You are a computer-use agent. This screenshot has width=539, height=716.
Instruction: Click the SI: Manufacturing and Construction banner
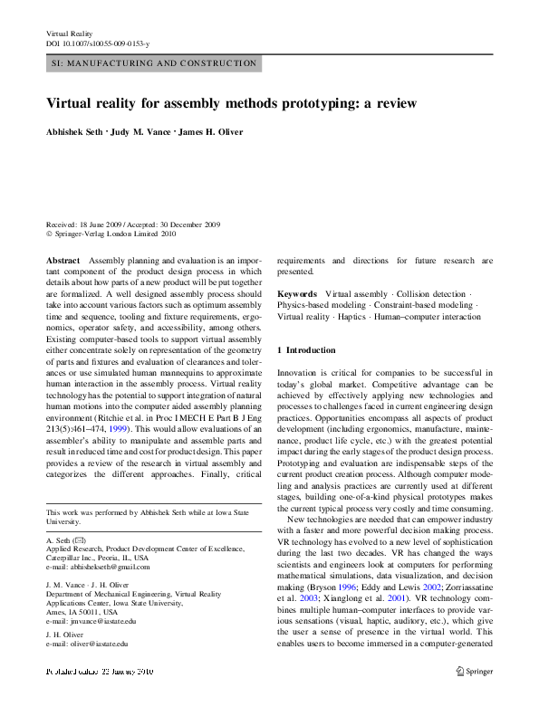(x=152, y=63)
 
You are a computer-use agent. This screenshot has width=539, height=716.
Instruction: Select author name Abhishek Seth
(x=73, y=132)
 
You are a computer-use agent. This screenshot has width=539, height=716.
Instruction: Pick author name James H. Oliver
(x=210, y=132)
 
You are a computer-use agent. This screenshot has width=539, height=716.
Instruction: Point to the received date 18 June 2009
(x=105, y=224)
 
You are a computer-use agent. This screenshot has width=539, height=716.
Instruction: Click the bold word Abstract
(x=63, y=260)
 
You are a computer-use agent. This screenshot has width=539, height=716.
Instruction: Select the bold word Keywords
(x=296, y=294)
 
